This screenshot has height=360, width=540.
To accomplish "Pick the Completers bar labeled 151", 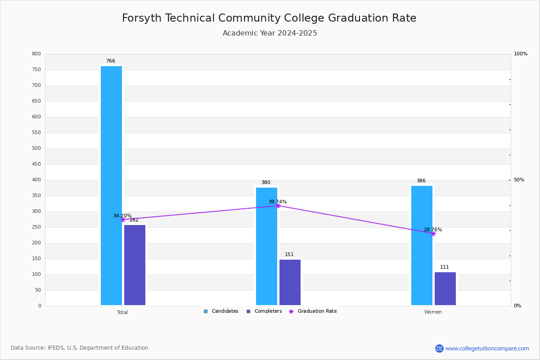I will tap(290, 282).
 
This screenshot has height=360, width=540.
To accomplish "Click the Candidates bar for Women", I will tap(422, 245).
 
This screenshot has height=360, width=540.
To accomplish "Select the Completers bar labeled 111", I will tap(445, 288).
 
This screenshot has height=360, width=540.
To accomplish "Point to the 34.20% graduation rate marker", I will tap(122, 220).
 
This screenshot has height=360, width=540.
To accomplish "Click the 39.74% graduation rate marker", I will tap(278, 206).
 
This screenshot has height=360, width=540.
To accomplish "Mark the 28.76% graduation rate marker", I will tap(433, 234).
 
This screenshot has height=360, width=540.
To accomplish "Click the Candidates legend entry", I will tap(221, 311).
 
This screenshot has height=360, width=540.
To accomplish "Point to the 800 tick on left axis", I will tap(36, 54).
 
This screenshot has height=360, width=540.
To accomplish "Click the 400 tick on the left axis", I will tap(36, 180).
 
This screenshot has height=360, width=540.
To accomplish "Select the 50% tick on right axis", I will tap(519, 180).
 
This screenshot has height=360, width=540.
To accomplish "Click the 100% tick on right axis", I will tap(520, 54).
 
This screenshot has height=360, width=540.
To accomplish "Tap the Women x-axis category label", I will tap(433, 312).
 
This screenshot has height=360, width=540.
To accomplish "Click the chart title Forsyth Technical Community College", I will tap(269, 18).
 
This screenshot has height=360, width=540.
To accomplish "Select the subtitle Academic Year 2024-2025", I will tap(270, 33).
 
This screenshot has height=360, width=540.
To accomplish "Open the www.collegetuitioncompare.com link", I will tap(487, 348).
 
